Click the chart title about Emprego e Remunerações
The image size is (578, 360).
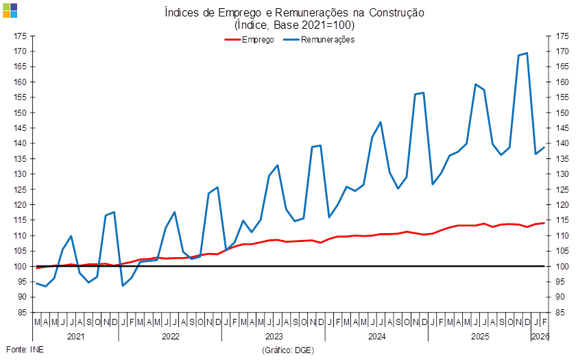[x=294, y=13]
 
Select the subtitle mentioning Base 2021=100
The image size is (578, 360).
[x=294, y=25]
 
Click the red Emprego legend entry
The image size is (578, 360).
[x=250, y=40]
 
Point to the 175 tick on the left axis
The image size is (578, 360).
[x=20, y=36]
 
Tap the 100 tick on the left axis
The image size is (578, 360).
[x=20, y=266]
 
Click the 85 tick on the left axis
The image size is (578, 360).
[x=20, y=312]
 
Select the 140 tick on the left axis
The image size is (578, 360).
[x=20, y=143]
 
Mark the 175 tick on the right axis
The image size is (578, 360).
[x=563, y=36]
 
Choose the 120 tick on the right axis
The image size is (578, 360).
[x=563, y=205]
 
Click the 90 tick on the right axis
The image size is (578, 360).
[x=563, y=297]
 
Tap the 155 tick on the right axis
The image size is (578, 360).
[x=563, y=97]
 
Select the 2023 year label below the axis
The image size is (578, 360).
[x=273, y=337]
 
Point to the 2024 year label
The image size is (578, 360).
[x=376, y=337]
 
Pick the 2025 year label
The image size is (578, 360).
[x=479, y=337]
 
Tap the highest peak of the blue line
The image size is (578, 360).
[x=527, y=53]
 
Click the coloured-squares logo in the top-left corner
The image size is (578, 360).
[x=10, y=10]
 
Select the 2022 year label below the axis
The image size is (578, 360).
[x=170, y=337]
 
